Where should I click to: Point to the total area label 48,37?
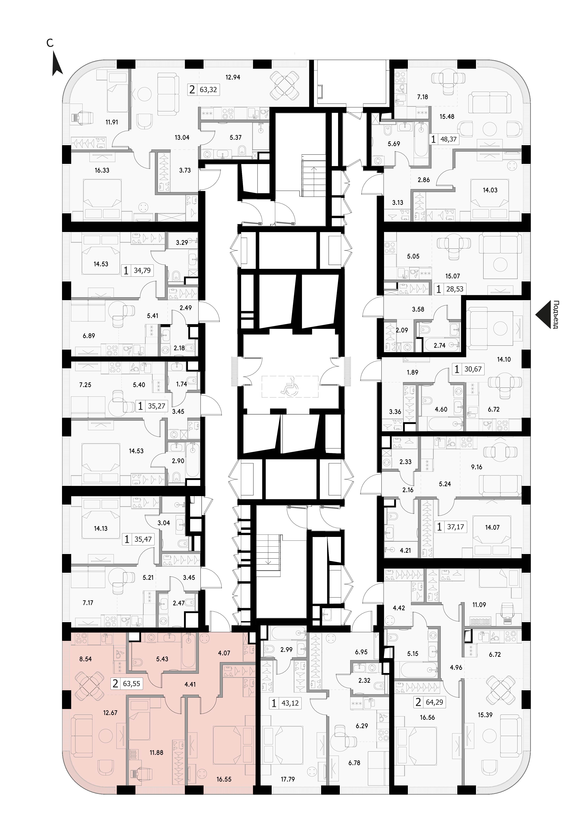(449, 139)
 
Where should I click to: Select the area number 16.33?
(102, 170)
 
